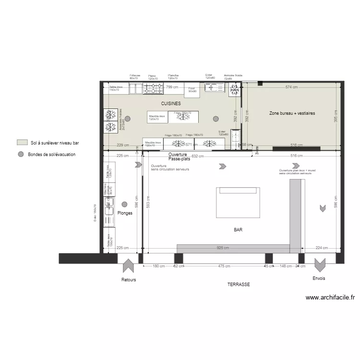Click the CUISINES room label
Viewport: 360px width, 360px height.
pos(170,104)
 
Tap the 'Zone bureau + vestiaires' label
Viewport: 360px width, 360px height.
pos(292,113)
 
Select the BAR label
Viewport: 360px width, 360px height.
pos(238,230)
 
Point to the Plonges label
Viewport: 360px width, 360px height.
pos(125,213)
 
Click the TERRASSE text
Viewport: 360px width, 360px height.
pos(239,284)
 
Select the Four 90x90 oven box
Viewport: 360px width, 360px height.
pos(192,90)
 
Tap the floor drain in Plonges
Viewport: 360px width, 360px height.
pos(124,204)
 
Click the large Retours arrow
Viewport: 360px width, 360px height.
pos(129,266)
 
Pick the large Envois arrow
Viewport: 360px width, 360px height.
pos(320,265)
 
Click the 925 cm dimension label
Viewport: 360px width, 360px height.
pos(222,248)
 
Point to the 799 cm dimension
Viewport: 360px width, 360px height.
pos(172,87)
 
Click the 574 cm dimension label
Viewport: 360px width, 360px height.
pos(291,87)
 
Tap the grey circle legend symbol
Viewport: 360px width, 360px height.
pos(21,154)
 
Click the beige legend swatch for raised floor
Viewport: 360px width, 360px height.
pos(21,143)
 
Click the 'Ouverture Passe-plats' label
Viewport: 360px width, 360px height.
pos(179,156)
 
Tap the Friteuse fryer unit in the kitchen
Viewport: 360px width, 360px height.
pos(135,88)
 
